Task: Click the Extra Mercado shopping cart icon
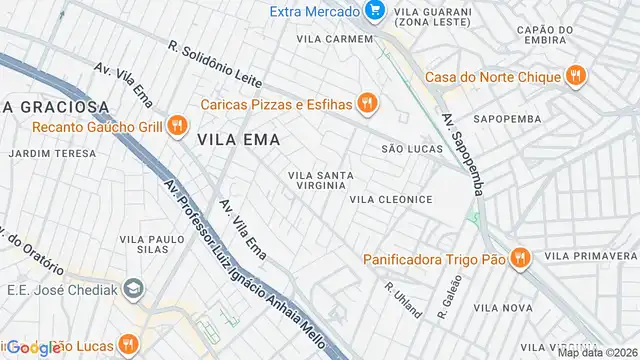pyautogui.click(x=376, y=11)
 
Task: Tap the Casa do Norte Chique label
pyautogui.click(x=493, y=76)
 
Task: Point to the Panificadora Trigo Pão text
pyautogui.click(x=433, y=259)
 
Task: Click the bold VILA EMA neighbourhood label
pyautogui.click(x=238, y=139)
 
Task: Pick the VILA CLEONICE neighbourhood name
pyautogui.click(x=391, y=199)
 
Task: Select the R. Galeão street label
pyautogui.click(x=446, y=299)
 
